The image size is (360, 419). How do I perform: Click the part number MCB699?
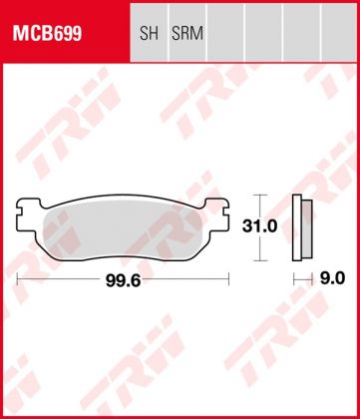(47, 33)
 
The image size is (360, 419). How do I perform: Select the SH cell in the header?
(148, 33)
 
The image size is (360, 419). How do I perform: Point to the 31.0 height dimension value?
(260, 226)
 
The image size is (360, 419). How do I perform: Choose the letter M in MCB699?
(19, 33)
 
